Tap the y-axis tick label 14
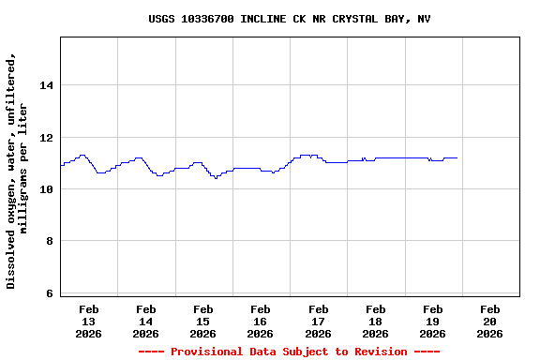coord(46,85)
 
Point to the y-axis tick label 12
coord(46,138)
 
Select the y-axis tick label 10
coord(46,189)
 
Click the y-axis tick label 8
coord(50,242)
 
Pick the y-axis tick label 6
coord(50,293)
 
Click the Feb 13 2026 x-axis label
coord(89,321)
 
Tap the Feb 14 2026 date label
coord(146,321)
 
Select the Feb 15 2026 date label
coord(203,321)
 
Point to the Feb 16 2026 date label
coord(261,321)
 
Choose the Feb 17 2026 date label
coord(318,321)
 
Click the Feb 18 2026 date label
coord(375,321)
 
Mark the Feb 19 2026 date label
coord(432,321)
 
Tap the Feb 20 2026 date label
coord(489,321)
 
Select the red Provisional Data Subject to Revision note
coord(289,352)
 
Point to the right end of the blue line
coord(457,158)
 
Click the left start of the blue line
coord(61,165)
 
